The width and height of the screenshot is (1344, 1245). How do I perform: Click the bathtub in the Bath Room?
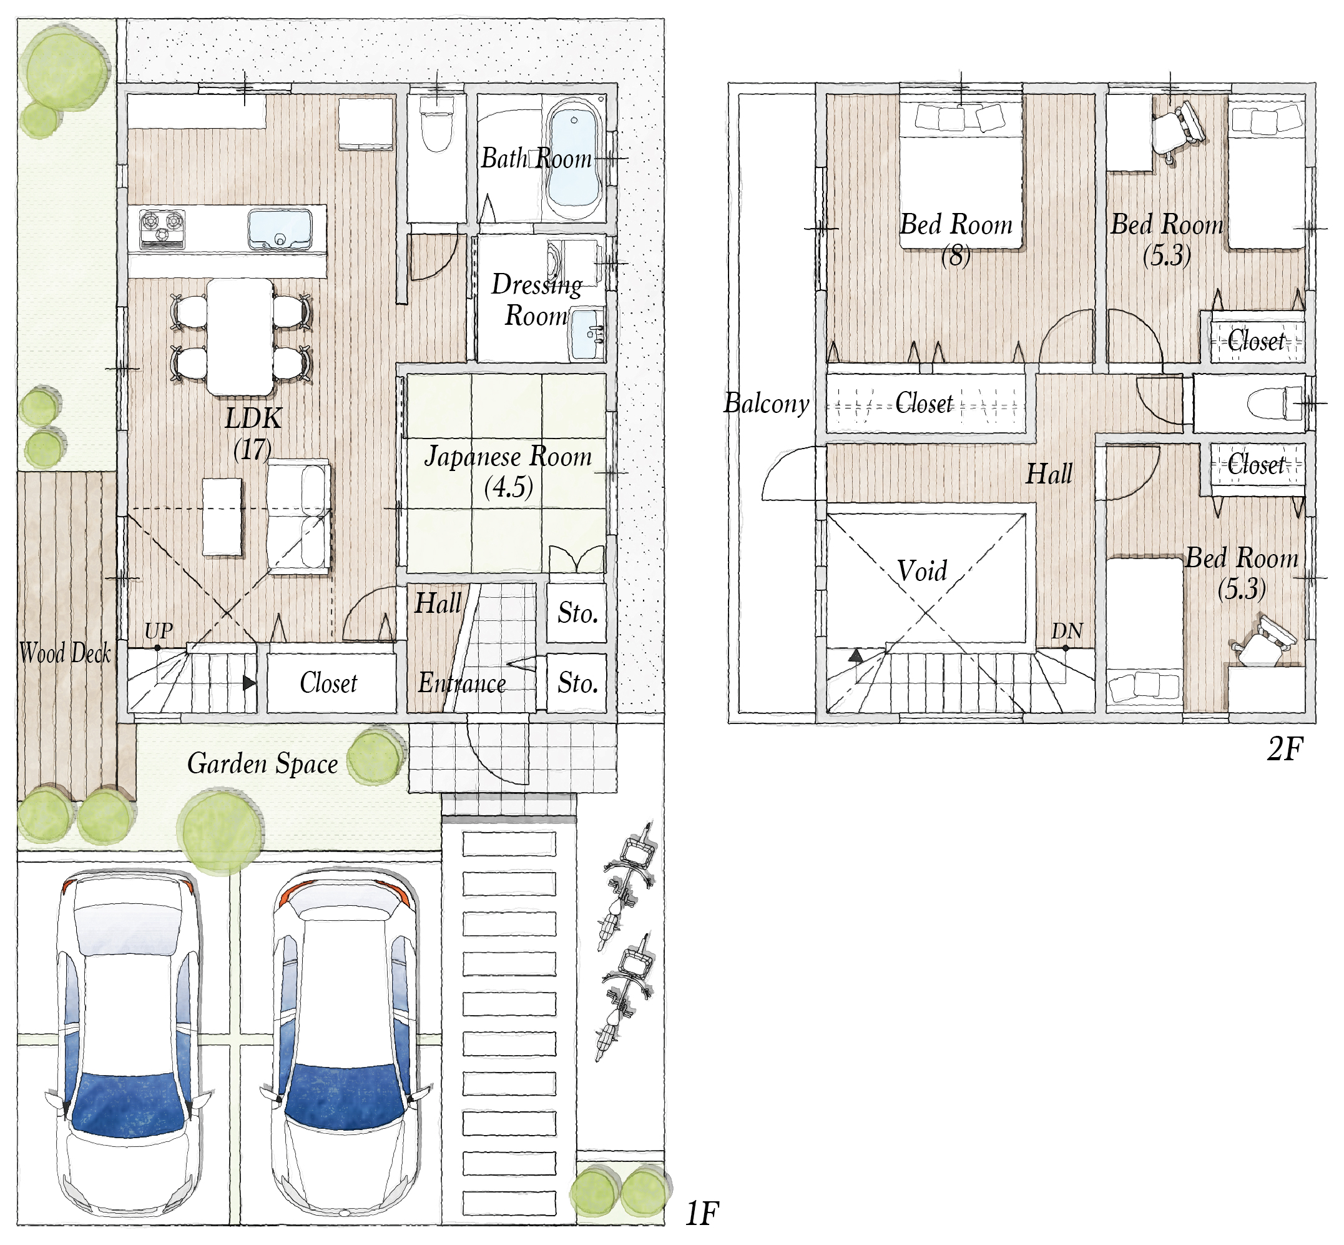(x=574, y=157)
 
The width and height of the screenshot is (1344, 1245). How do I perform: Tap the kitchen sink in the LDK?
(x=280, y=229)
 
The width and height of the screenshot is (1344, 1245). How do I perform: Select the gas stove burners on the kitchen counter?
(x=162, y=228)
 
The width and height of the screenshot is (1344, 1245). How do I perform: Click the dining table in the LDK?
(x=240, y=337)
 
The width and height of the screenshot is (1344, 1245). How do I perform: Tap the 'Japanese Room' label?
(x=508, y=457)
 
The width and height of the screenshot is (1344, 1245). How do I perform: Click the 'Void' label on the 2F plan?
(x=922, y=570)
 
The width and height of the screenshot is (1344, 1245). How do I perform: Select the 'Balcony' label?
(x=767, y=404)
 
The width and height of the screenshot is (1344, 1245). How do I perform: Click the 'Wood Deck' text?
(x=65, y=652)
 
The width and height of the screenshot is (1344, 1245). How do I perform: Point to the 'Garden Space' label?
(x=263, y=764)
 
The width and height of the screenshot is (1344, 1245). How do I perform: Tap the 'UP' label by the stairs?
(x=159, y=630)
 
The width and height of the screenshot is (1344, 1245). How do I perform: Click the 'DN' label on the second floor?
(x=1067, y=630)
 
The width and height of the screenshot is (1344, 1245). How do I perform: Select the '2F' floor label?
(x=1285, y=749)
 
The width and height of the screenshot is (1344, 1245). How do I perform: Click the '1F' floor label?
(x=702, y=1214)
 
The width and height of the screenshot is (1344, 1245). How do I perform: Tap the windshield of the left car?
(x=127, y=1104)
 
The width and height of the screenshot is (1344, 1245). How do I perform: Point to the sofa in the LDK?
(x=298, y=517)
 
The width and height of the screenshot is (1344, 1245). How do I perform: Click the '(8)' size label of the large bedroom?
(x=956, y=256)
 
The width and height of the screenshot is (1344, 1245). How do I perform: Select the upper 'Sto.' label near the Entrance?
(x=577, y=613)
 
